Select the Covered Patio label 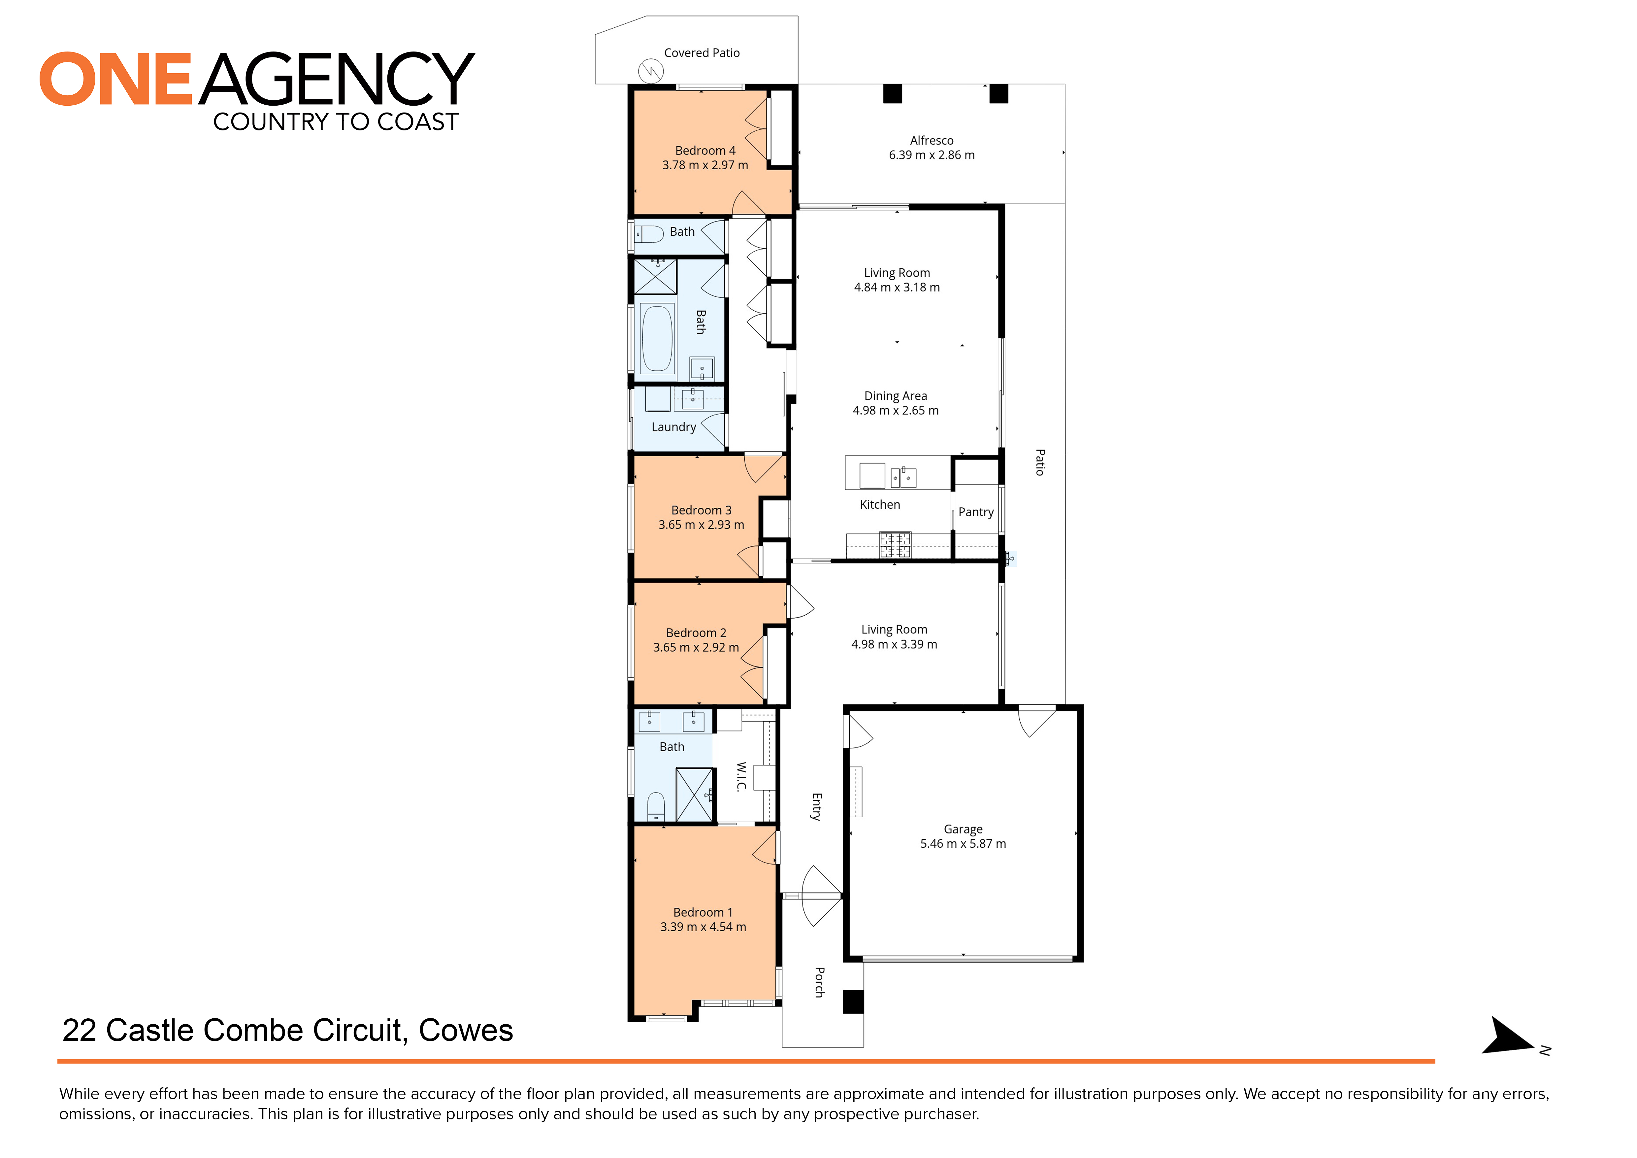pyautogui.click(x=702, y=53)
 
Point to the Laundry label pyautogui.click(x=673, y=427)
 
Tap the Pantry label pyautogui.click(x=975, y=512)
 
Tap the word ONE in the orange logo pyautogui.click(x=115, y=79)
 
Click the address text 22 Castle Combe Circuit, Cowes pyautogui.click(x=287, y=1030)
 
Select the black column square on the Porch pyautogui.click(x=853, y=1002)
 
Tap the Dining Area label pyautogui.click(x=896, y=396)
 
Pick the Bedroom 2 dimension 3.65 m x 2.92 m pyautogui.click(x=696, y=647)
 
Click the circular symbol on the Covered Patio pyautogui.click(x=650, y=71)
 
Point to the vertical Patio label pyautogui.click(x=1039, y=462)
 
